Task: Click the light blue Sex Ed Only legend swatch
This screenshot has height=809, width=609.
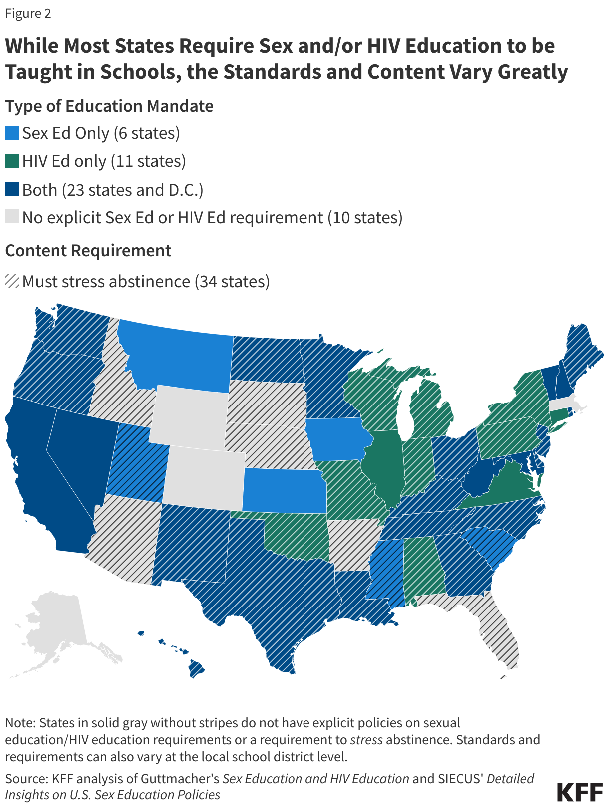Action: pos(12,133)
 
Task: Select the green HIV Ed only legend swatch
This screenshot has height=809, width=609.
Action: pos(12,161)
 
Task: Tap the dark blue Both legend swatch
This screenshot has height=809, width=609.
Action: pos(12,190)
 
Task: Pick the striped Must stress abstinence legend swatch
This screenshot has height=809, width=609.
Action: pos(12,281)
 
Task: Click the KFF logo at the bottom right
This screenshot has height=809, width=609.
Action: pos(580,792)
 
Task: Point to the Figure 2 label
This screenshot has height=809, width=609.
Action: pos(28,13)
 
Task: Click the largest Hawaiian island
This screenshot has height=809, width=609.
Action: pos(197,668)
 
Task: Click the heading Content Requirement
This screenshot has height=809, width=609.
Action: pos(88,250)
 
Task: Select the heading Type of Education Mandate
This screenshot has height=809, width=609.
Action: pos(109,106)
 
